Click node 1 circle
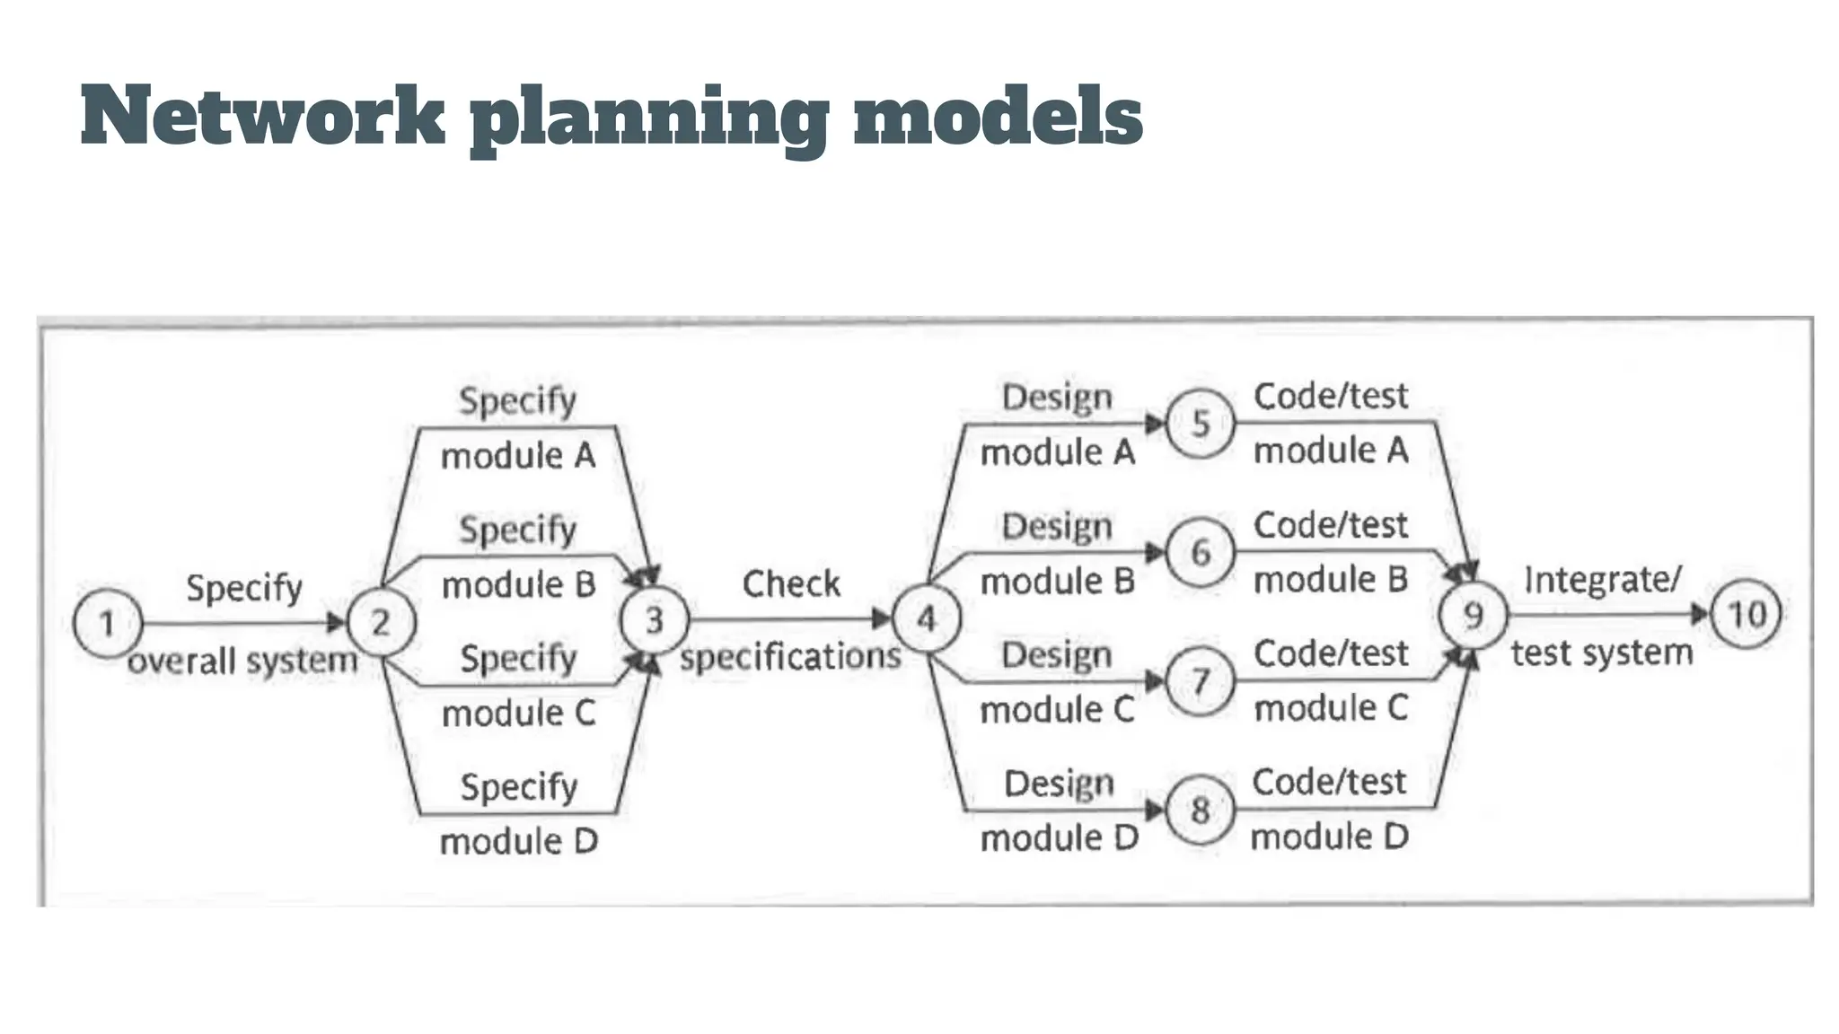pyautogui.click(x=108, y=623)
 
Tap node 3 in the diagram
pyautogui.click(x=655, y=620)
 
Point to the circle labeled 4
pyautogui.click(x=927, y=618)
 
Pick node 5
pyautogui.click(x=1201, y=424)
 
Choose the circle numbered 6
pyautogui.click(x=1201, y=553)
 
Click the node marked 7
pyautogui.click(x=1201, y=681)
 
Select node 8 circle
pyautogui.click(x=1201, y=811)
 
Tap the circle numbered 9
pyautogui.click(x=1474, y=616)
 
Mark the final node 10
pyautogui.click(x=1747, y=615)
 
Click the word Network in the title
pyautogui.click(x=262, y=117)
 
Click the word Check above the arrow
pyautogui.click(x=791, y=584)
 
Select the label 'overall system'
pyautogui.click(x=242, y=662)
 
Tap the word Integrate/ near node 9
pyautogui.click(x=1602, y=580)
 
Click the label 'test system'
pyautogui.click(x=1602, y=653)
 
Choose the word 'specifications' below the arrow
pyautogui.click(x=790, y=656)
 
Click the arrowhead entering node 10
pyautogui.click(x=1700, y=615)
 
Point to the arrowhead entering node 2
pyautogui.click(x=336, y=622)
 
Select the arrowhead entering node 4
pyautogui.click(x=882, y=618)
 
